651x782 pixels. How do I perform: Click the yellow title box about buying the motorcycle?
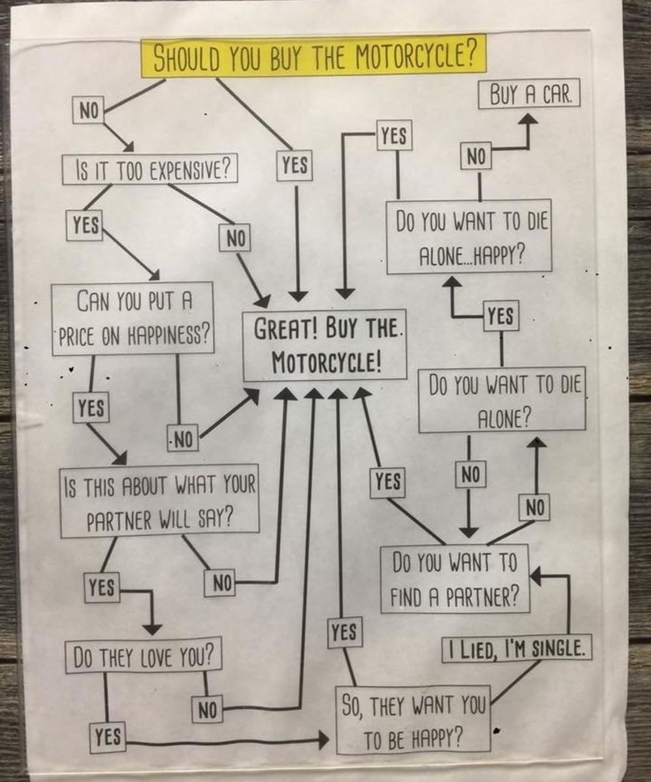314,56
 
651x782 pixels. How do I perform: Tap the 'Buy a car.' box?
529,96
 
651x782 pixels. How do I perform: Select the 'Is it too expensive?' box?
149,169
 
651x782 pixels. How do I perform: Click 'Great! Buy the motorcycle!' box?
324,345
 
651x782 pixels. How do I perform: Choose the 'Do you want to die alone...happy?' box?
469,236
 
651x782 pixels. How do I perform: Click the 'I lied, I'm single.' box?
517,648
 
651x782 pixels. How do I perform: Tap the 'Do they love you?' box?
144,657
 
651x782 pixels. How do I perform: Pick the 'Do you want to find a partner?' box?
454,579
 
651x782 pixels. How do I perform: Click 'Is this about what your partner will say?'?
160,500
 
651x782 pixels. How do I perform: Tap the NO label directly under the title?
88,111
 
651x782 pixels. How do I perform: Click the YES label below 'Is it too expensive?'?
86,225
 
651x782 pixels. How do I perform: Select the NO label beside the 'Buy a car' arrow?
477,157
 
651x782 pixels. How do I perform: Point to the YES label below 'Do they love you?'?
107,737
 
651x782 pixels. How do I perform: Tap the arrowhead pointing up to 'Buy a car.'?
529,119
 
